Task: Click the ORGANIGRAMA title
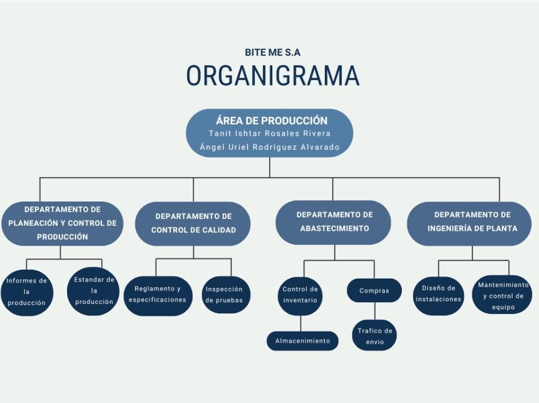(273, 76)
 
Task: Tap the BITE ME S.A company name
(273, 52)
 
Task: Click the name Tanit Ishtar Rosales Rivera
(269, 133)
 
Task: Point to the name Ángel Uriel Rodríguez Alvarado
(269, 147)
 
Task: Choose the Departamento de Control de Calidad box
(193, 223)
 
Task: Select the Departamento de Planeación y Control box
(62, 223)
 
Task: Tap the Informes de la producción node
(26, 292)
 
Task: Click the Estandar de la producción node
(94, 291)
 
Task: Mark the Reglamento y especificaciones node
(157, 294)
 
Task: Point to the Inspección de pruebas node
(224, 294)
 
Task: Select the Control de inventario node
(300, 294)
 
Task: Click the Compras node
(374, 291)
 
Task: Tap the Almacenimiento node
(302, 341)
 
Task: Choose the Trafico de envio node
(374, 335)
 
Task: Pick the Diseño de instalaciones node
(439, 294)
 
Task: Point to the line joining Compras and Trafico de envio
(374, 311)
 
